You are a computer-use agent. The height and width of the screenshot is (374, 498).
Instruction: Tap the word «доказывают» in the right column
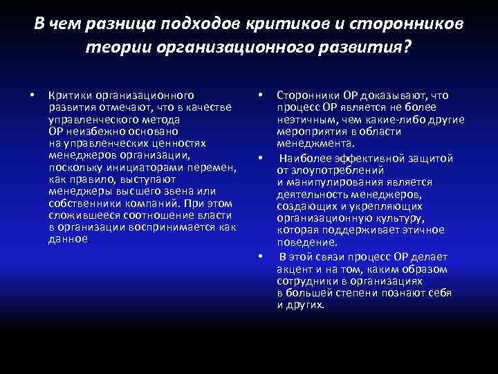click(390, 95)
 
